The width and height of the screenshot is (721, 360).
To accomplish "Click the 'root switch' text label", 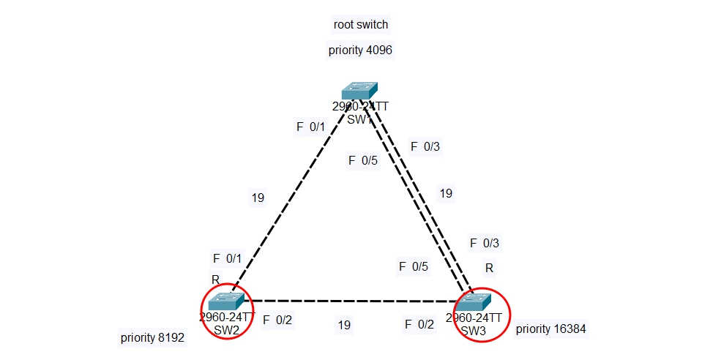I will coord(360,25).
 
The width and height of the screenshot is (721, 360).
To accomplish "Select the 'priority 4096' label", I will coord(361,50).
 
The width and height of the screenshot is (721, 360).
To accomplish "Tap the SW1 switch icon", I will coord(359,90).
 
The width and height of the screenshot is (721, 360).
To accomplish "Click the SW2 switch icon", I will coord(225,300).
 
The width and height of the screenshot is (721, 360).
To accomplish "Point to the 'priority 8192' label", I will coord(152,338).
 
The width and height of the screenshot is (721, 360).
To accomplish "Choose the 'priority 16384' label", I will coord(550,329).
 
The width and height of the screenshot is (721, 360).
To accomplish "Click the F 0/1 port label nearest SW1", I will coord(310,127).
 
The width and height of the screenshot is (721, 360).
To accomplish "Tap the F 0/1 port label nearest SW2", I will coord(227,258).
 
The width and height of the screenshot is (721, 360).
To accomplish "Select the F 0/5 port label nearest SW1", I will coord(363,160).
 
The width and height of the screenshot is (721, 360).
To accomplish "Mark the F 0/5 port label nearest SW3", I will coord(414,267).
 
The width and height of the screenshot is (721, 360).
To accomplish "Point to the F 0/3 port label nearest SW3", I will coord(485,243).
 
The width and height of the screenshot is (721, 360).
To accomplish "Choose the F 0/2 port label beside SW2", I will coord(277,320).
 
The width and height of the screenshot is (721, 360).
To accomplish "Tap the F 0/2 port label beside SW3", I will coord(419,324).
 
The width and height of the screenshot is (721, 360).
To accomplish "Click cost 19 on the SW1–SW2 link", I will coord(258,198).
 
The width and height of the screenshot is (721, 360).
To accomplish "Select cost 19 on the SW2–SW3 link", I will coord(344,325).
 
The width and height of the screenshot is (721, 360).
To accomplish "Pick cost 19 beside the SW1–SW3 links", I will coord(446,194).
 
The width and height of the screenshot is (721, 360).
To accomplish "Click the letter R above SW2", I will coord(215,280).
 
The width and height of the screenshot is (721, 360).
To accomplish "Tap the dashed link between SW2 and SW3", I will coord(351,301).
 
